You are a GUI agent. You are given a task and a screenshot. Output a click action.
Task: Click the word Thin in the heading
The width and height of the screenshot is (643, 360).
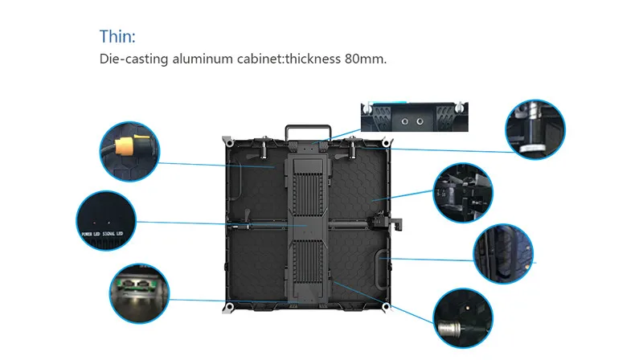tap(116, 37)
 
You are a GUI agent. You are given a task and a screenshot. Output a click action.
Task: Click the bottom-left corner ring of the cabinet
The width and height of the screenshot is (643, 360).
tap(227, 306)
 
